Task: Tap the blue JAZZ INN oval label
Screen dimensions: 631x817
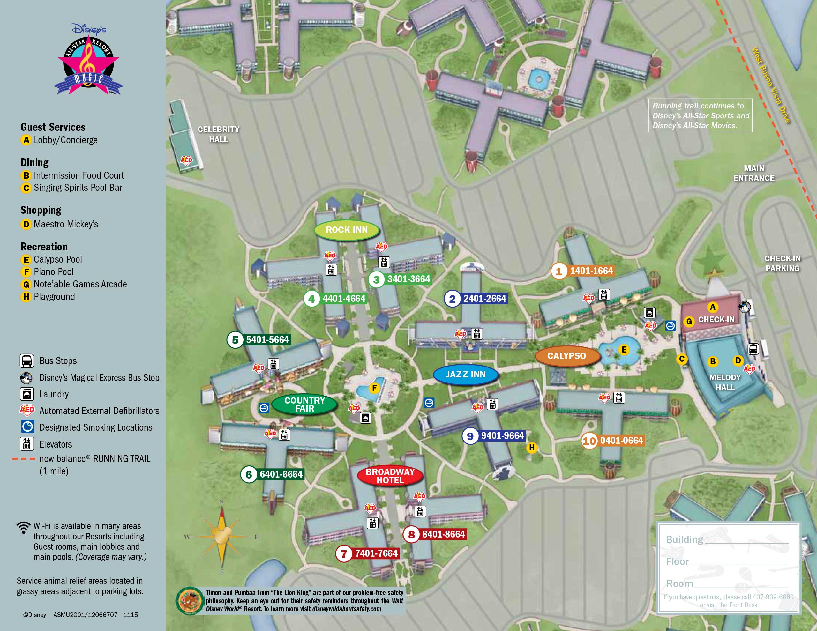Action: [x=465, y=375]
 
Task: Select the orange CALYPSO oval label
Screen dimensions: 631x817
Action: [x=566, y=356]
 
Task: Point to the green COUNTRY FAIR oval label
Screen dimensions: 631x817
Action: [x=304, y=404]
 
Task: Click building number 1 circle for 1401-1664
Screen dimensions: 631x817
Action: [x=559, y=271]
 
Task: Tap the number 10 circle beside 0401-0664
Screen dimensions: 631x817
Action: [x=589, y=441]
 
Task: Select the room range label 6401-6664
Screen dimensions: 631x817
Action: [x=281, y=474]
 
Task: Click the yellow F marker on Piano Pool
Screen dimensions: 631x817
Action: [x=374, y=388]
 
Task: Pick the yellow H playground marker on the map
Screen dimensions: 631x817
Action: [x=532, y=448]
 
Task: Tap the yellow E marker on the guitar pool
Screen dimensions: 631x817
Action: [x=624, y=350]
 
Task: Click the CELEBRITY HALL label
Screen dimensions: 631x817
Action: [x=219, y=134]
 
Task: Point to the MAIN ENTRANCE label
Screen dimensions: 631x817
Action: [x=753, y=173]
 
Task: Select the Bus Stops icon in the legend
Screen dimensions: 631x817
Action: [x=26, y=361]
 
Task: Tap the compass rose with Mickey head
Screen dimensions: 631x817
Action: [x=221, y=536]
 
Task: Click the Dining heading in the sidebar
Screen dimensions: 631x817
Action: [x=34, y=162]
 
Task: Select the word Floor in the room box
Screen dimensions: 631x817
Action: [x=677, y=561]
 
